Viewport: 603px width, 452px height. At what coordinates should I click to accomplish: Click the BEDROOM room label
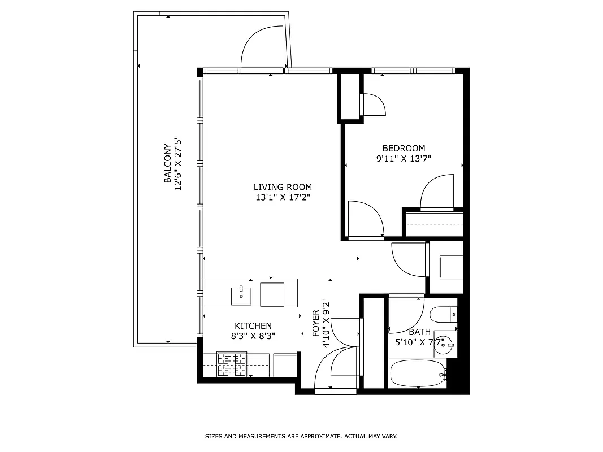click(404, 149)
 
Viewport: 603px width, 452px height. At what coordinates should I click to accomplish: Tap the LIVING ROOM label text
click(282, 187)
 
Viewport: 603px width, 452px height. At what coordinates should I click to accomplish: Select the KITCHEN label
click(253, 326)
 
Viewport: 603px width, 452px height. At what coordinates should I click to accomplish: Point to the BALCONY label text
click(168, 164)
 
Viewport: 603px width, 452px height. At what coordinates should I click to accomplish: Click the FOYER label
click(316, 323)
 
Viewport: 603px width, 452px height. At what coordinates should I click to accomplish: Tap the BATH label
click(419, 332)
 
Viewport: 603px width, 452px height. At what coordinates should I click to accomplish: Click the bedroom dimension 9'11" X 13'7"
click(404, 159)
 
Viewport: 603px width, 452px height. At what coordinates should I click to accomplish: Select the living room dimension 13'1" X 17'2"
click(282, 198)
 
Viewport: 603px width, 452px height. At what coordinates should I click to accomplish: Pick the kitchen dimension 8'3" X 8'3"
click(253, 336)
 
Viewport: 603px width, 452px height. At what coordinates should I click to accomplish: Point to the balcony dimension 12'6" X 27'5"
click(179, 164)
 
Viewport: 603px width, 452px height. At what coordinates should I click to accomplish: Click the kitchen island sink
click(241, 294)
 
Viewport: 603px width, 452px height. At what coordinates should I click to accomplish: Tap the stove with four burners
click(232, 364)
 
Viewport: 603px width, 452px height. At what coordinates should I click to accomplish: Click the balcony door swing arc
click(262, 48)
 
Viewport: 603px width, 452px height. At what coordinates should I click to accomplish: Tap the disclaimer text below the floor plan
click(301, 436)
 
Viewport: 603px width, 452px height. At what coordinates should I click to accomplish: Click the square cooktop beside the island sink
click(272, 294)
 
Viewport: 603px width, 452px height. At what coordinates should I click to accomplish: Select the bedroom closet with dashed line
click(434, 224)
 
